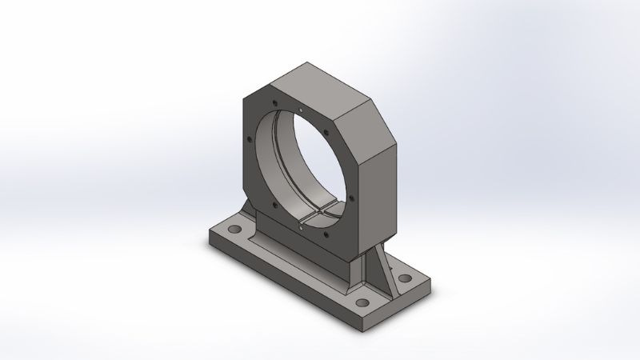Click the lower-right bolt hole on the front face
(x=326, y=235)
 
